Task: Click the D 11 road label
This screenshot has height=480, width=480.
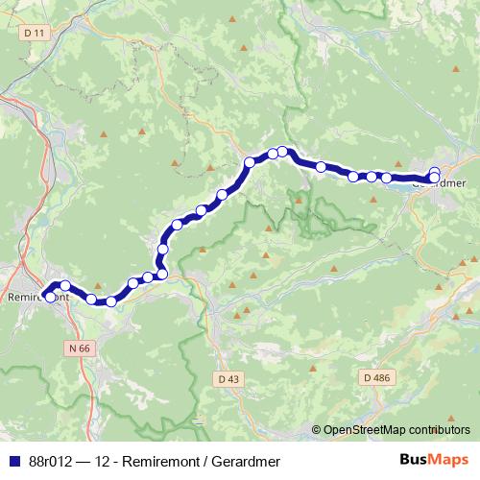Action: [x=36, y=33]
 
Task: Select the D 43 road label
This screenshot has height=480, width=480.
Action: [x=228, y=379]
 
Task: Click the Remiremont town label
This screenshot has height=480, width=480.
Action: [x=38, y=297]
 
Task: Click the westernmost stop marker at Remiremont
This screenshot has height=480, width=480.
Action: [x=50, y=297]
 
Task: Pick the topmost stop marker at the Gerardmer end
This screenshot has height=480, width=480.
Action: [x=435, y=172]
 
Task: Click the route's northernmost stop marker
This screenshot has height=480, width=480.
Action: [x=283, y=151]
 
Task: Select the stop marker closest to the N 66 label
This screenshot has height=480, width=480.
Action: [x=92, y=299]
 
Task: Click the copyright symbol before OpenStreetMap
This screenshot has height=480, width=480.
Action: [x=318, y=430]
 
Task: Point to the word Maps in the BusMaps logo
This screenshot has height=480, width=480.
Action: [x=446, y=460]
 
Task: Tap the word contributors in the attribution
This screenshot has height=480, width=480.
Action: [x=440, y=430]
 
